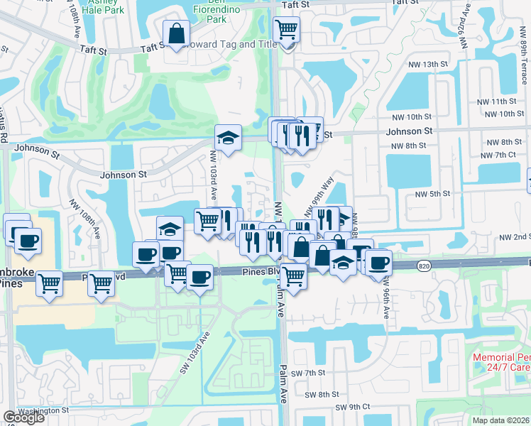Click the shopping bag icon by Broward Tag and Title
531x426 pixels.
175,33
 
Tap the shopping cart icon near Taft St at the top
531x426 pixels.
286,30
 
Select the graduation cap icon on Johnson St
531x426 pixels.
229,138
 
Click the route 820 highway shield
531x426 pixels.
403,265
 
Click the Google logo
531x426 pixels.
24,417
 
